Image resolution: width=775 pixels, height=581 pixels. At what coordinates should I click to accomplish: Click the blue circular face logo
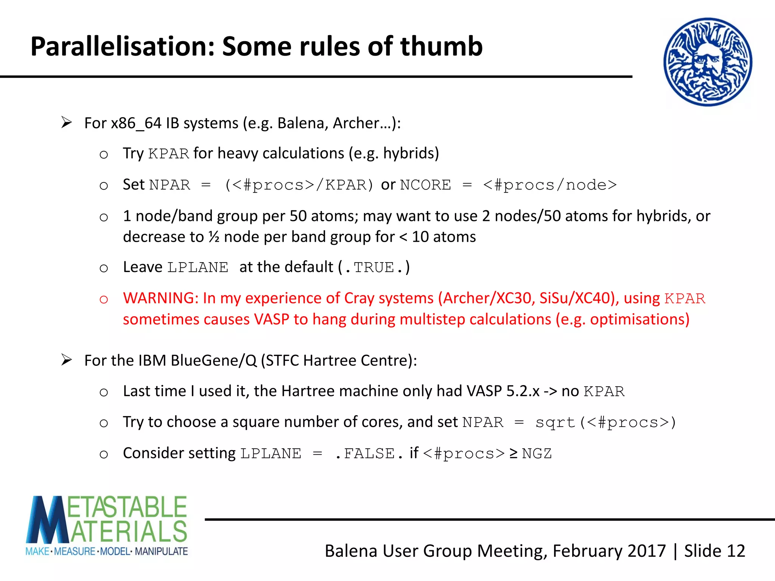[708, 62]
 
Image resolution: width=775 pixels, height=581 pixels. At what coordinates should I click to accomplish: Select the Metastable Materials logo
[107, 526]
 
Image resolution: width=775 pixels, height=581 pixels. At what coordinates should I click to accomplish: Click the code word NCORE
[425, 185]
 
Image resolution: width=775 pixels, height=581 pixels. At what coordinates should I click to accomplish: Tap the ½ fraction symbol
[214, 237]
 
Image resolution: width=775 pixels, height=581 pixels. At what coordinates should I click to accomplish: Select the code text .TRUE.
[373, 267]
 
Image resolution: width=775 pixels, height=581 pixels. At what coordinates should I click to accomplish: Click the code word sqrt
[555, 422]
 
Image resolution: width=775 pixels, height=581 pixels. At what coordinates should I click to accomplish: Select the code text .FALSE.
[369, 453]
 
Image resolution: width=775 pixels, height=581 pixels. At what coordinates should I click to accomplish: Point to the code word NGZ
[537, 453]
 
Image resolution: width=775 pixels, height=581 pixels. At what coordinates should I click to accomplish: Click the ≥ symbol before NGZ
[513, 453]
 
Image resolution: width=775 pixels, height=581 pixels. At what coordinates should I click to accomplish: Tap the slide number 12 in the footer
[736, 551]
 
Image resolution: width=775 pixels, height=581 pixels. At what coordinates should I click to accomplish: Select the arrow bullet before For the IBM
[67, 360]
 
